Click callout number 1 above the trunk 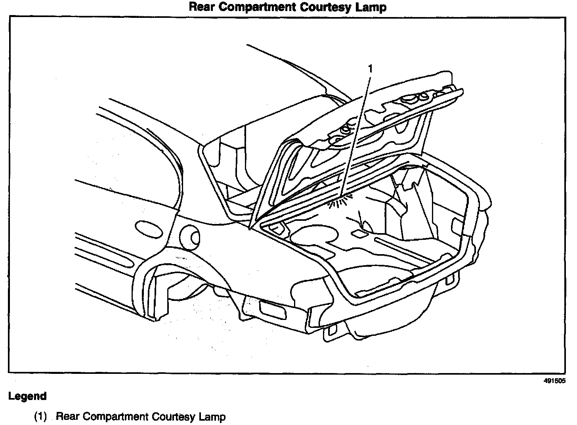coord(370,69)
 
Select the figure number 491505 coord(554,381)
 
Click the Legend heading coord(27,396)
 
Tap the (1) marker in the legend coord(40,417)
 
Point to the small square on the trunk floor coord(359,234)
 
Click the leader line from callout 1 coord(356,135)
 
